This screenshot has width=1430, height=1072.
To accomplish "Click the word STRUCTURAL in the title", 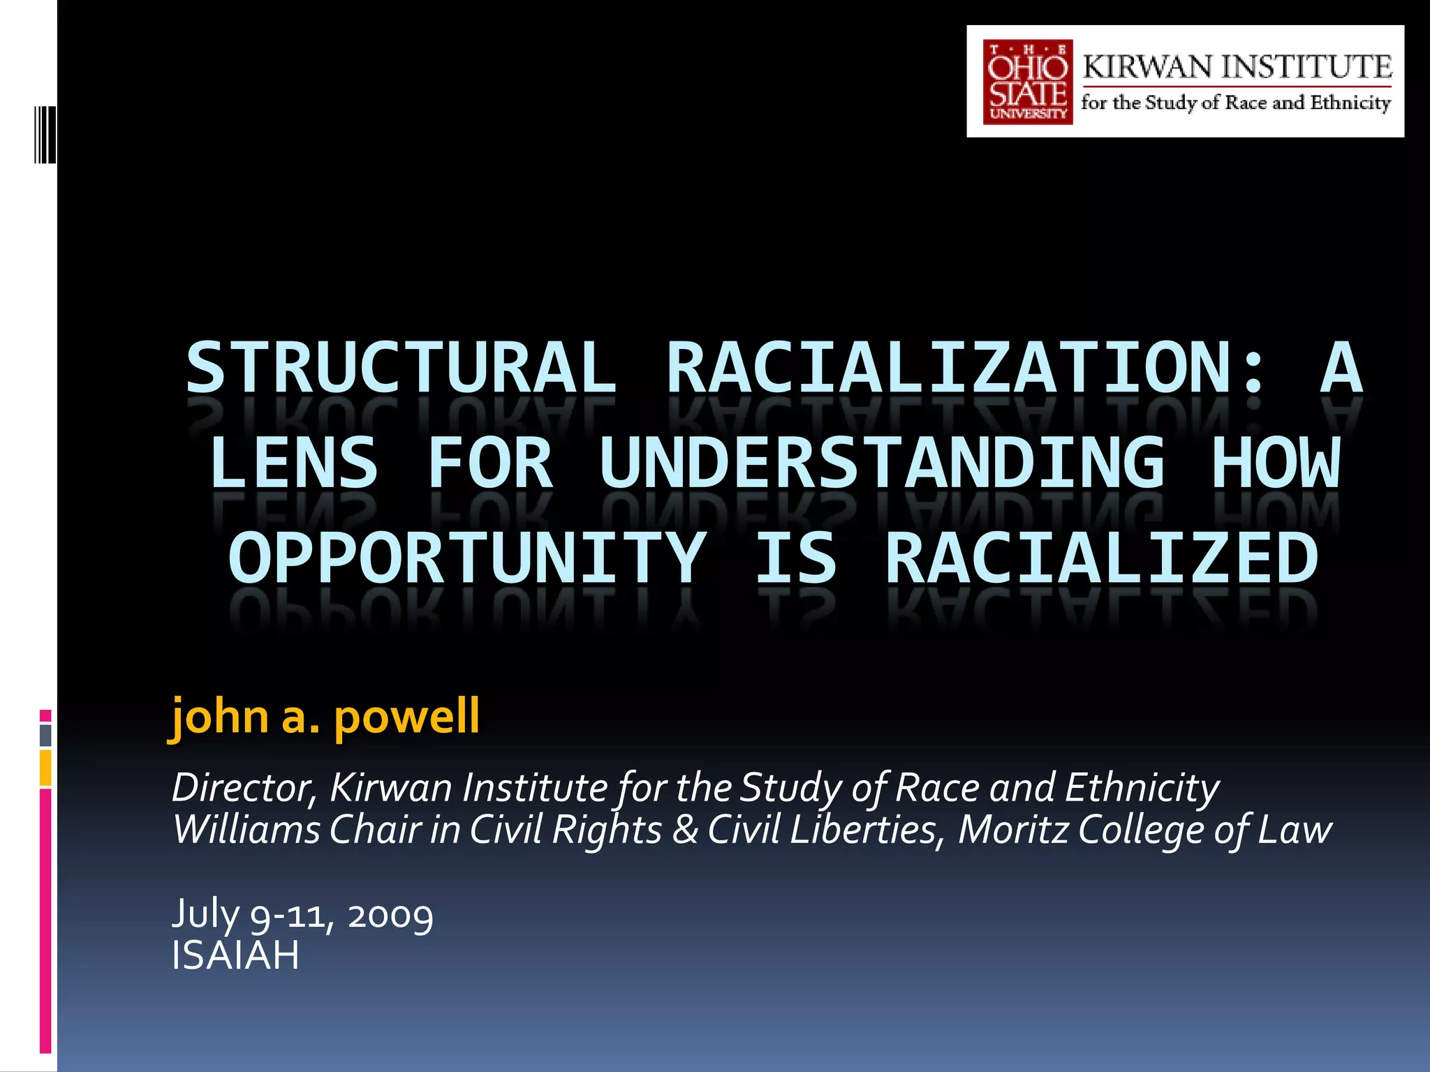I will tap(401, 368).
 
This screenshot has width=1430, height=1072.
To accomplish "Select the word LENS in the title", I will tap(294, 463).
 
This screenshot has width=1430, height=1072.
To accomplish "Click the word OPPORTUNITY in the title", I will tap(467, 558).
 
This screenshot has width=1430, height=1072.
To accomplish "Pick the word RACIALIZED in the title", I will tap(1102, 558).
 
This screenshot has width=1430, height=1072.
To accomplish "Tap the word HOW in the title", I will tap(1276, 463).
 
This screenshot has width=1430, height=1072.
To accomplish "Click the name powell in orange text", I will tap(406, 717).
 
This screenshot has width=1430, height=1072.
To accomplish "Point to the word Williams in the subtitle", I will tap(246, 830).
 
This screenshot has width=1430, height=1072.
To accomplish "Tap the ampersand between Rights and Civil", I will tap(685, 830).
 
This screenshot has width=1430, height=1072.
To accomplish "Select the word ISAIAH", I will tap(235, 955).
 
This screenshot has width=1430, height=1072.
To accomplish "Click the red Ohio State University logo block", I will tap(1027, 82).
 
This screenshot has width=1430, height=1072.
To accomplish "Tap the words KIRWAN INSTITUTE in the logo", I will tap(1237, 67).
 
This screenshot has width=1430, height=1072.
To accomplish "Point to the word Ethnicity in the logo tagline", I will tap(1350, 103).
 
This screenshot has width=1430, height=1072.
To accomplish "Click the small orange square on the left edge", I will tap(45, 768).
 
